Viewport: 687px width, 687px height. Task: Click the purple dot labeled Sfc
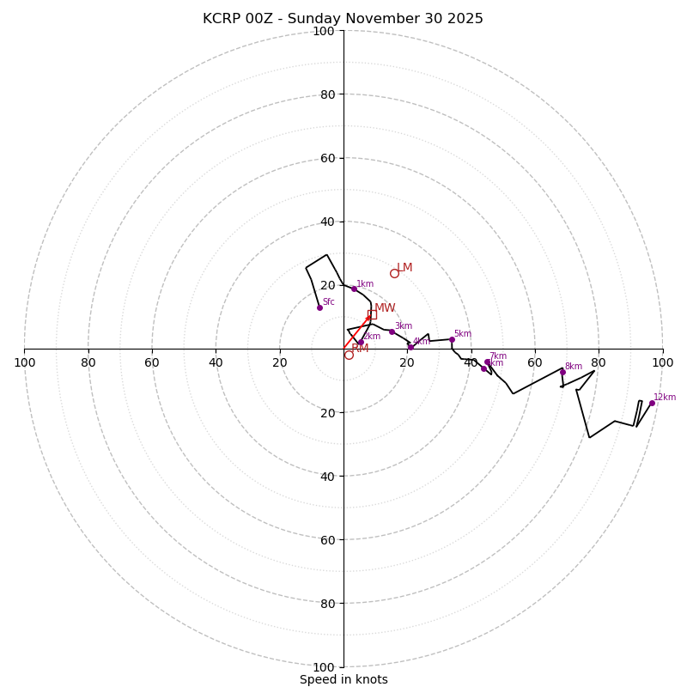pyautogui.click(x=319, y=307)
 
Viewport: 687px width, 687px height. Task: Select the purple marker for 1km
pyautogui.click(x=354, y=289)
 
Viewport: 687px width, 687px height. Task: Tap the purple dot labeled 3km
pyautogui.click(x=392, y=331)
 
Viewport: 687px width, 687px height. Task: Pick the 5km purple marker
pyautogui.click(x=452, y=339)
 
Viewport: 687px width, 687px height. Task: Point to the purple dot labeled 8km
pyautogui.click(x=562, y=372)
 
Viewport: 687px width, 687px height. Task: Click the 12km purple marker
pyautogui.click(x=652, y=403)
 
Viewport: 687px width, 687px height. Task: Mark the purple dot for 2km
pyautogui.click(x=361, y=342)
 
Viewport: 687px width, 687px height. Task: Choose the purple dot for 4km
pyautogui.click(x=410, y=347)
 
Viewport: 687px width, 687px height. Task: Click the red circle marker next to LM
pyautogui.click(x=394, y=274)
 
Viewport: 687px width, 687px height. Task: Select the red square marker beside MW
pyautogui.click(x=372, y=314)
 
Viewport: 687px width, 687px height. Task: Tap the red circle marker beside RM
pyautogui.click(x=349, y=355)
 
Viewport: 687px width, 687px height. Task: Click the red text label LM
pyautogui.click(x=404, y=268)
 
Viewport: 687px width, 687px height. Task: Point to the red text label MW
pyautogui.click(x=385, y=308)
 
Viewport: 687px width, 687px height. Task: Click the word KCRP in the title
pyautogui.click(x=222, y=19)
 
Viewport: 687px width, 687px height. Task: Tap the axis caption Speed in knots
pyautogui.click(x=343, y=679)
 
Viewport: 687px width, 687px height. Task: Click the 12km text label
pyautogui.click(x=665, y=398)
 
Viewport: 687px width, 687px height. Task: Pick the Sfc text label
pyautogui.click(x=328, y=302)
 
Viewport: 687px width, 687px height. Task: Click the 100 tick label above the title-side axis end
pyautogui.click(x=323, y=32)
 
